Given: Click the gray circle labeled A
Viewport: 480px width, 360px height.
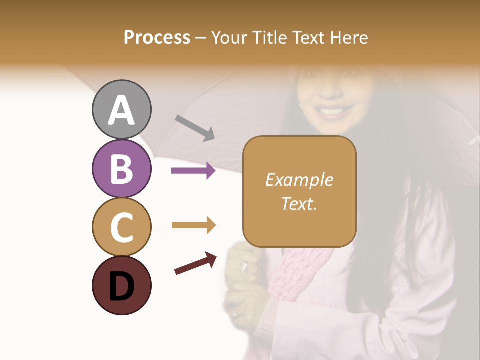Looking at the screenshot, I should [x=121, y=109].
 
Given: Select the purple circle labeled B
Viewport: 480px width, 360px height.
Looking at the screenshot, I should [x=121, y=168].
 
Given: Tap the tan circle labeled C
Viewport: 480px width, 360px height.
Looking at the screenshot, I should [x=121, y=227].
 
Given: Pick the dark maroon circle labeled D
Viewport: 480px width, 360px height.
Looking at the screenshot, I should [x=121, y=285].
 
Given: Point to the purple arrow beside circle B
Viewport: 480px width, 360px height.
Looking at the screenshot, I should [x=193, y=171].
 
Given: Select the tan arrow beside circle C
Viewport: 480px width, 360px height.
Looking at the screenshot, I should [x=193, y=225].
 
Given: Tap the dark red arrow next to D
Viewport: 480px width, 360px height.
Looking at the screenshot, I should [x=195, y=263].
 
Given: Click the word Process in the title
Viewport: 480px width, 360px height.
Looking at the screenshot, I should [x=157, y=37].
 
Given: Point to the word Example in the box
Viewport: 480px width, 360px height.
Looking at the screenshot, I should [x=299, y=180].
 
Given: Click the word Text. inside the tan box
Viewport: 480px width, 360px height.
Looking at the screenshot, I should [x=299, y=203].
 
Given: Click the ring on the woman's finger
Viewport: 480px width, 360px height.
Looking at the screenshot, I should [x=244, y=267].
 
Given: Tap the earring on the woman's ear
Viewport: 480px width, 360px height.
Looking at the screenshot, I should [x=300, y=106].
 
